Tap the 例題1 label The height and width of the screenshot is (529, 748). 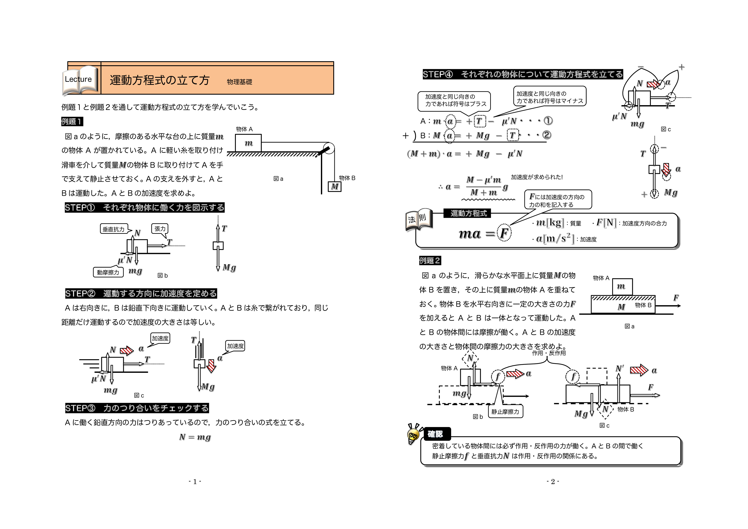point(72,122)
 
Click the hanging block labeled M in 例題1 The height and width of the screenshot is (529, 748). point(335,186)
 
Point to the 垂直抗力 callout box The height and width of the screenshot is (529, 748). point(113,229)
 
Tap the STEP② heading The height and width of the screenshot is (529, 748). point(141,293)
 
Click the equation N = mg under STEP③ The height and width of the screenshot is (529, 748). point(195,437)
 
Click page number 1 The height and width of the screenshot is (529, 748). point(195,482)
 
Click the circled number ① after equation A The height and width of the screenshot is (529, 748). point(548,121)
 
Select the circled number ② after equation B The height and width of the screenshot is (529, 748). point(547,135)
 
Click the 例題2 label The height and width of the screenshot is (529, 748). point(430,260)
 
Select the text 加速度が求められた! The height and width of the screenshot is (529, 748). point(536,177)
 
